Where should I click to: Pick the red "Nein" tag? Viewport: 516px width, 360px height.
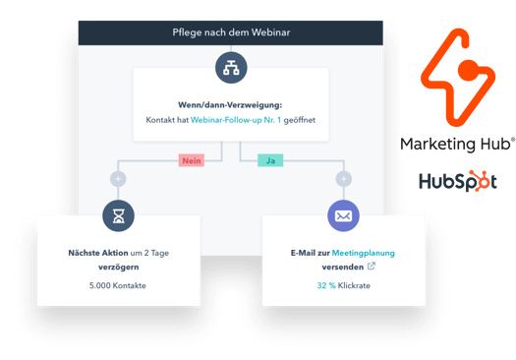coord(191,159)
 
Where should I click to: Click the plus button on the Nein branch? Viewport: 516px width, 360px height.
coord(119,179)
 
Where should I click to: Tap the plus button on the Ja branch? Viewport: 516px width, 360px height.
coord(343,179)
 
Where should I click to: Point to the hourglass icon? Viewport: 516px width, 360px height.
coord(119,215)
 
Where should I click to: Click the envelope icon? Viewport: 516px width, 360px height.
coord(343,215)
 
